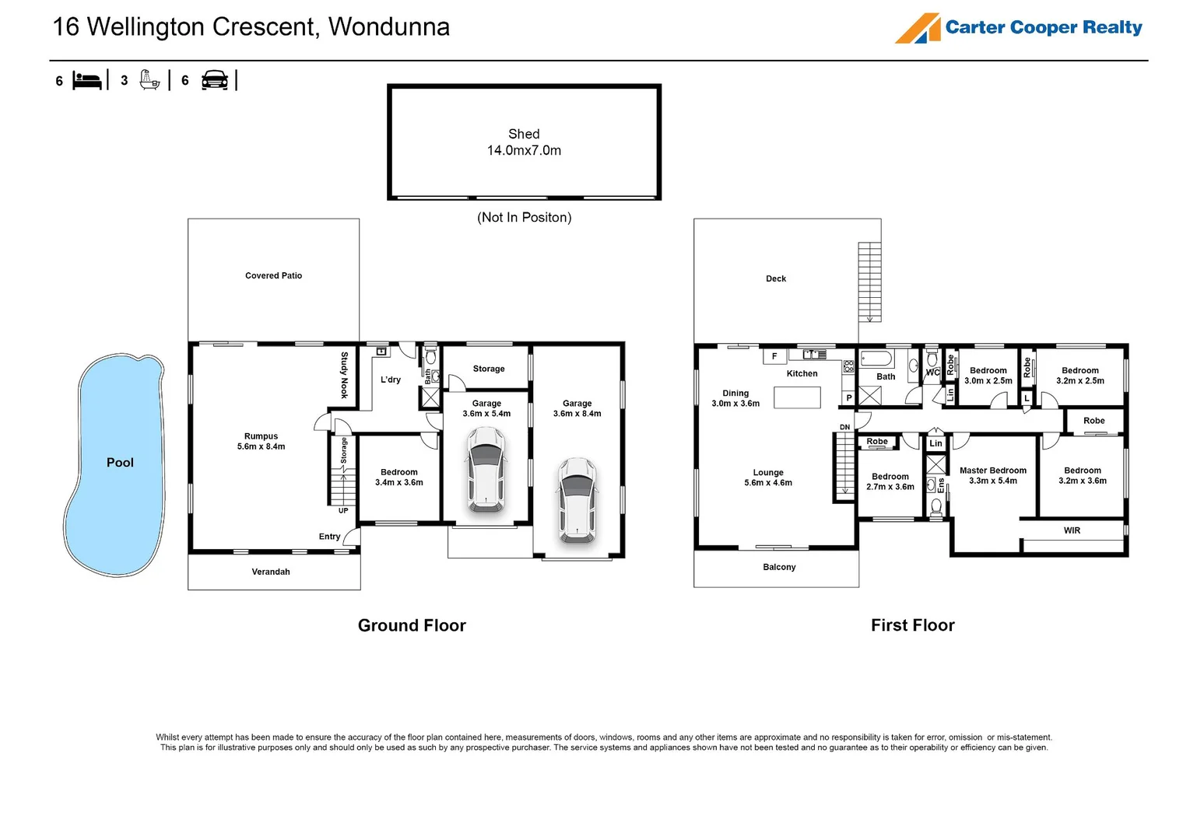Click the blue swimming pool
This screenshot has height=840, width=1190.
114,464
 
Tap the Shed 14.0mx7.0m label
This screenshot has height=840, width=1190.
524,142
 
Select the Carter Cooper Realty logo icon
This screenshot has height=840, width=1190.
917,28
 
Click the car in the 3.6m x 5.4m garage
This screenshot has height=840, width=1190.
486,469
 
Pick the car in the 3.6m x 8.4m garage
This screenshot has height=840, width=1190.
577,501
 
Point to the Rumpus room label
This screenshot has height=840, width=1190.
261,441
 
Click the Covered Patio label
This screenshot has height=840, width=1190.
274,275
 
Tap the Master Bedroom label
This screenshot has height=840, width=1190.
993,475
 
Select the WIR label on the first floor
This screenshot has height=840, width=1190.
1072,530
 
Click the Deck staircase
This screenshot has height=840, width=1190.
869,282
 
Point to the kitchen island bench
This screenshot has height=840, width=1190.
797,397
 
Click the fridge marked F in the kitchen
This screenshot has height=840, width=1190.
774,356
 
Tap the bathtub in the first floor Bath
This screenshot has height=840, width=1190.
876,359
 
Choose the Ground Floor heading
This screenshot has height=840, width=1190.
412,625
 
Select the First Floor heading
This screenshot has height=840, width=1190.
913,625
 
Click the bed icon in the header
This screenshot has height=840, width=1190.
86,81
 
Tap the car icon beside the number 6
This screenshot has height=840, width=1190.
215,80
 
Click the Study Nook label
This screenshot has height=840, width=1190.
344,375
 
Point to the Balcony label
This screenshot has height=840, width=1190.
779,567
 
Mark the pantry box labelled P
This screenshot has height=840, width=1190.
849,397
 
